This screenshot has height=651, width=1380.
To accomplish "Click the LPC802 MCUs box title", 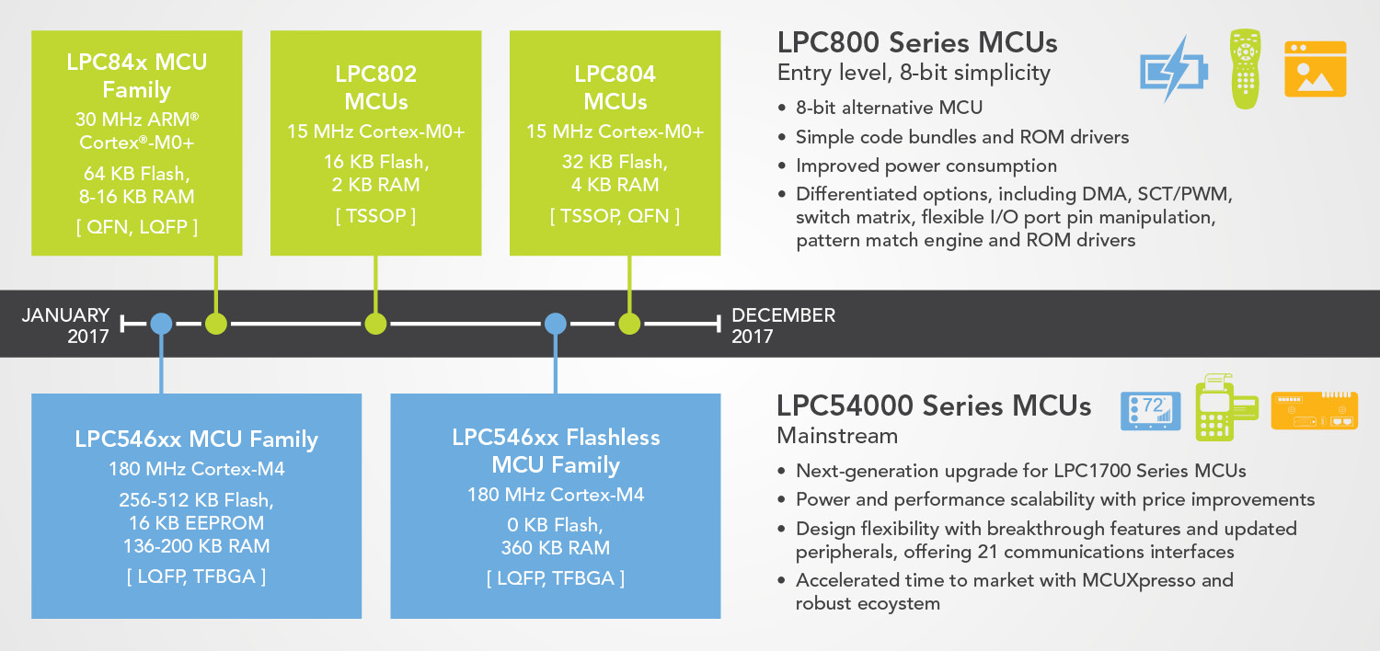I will point(375,86).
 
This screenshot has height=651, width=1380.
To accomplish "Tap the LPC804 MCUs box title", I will point(615,86).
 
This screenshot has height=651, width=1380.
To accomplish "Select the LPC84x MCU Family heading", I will point(137,75).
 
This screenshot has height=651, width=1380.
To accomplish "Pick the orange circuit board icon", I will point(1314,410).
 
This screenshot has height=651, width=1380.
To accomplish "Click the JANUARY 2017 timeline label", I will point(65,325).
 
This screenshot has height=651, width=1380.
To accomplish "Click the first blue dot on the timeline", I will point(161,324).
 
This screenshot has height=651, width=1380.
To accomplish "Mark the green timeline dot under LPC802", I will point(375,324).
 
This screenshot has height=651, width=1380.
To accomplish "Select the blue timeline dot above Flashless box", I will point(555,324).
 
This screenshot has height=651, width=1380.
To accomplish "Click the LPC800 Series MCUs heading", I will point(917,42).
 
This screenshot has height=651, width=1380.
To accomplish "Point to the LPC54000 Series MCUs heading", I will point(934,405).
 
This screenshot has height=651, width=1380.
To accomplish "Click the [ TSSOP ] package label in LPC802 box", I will point(375,216).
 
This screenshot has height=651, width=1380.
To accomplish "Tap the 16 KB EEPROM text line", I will point(197,523).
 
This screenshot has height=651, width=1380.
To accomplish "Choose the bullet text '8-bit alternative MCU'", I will point(889,108).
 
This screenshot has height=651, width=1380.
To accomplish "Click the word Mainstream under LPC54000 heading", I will point(837,435).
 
